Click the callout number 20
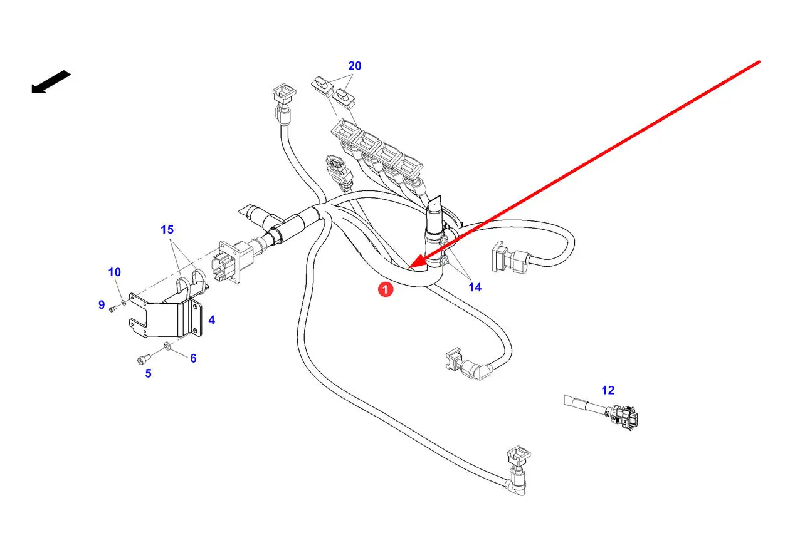355,66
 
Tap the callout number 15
167,230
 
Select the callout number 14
475,287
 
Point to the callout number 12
608,390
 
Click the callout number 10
114,272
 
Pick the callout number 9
102,304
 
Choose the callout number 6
193,358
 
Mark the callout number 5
149,373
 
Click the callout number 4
211,320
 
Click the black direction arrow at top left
50,82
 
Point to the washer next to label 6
167,346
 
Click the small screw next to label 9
112,308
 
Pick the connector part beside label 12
623,417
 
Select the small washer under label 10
123,303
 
